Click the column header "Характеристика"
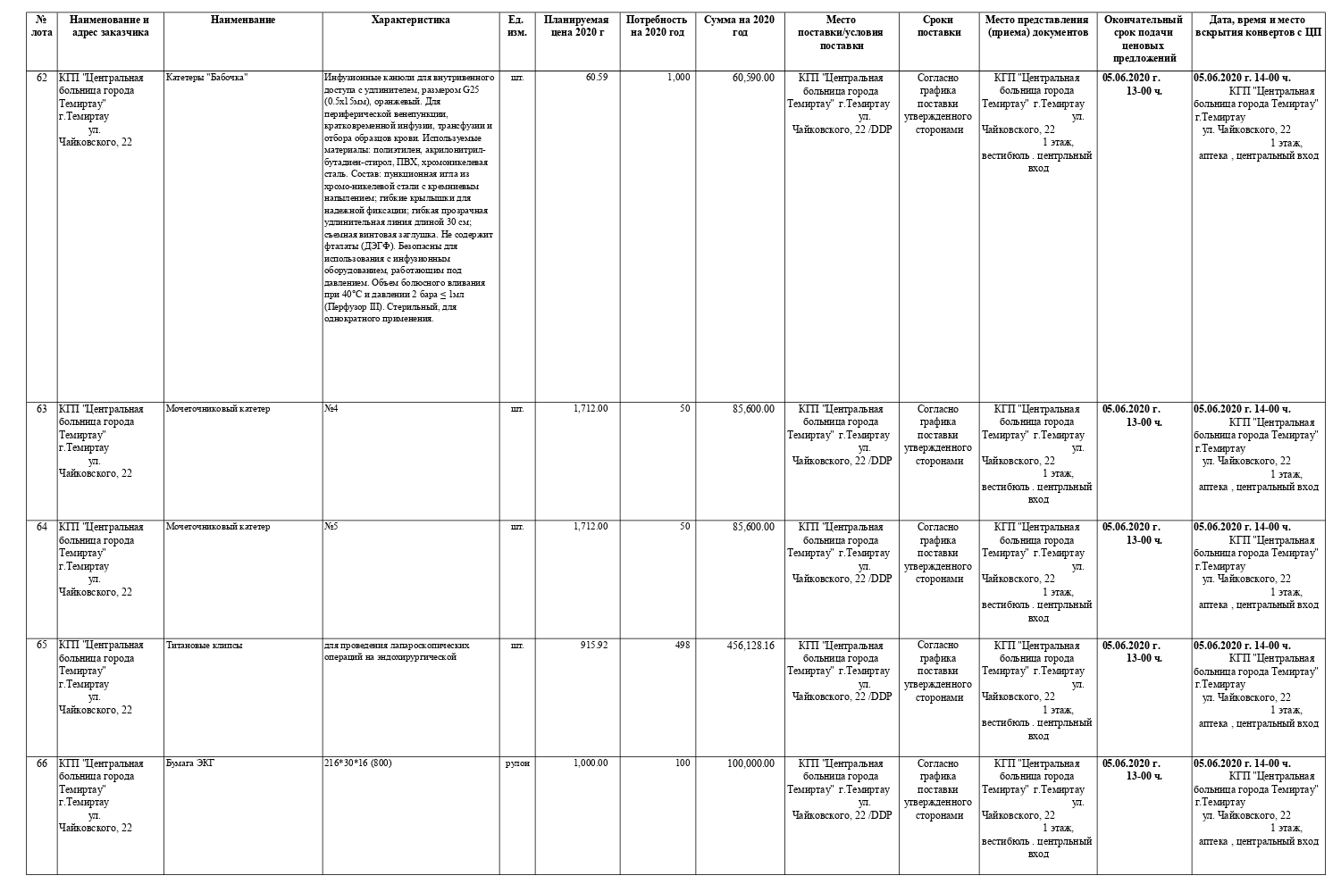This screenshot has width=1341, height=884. [410, 20]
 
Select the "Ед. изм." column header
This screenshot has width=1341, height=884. [516, 26]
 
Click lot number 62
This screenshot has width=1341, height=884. [42, 78]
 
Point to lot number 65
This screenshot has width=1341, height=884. [42, 645]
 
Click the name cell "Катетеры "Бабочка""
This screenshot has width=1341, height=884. [206, 78]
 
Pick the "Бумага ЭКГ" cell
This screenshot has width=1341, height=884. [190, 763]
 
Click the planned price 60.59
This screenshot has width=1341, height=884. [597, 78]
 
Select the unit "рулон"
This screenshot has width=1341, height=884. [517, 763]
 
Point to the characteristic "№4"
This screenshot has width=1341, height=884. [331, 409]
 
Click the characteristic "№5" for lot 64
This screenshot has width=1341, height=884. [331, 527]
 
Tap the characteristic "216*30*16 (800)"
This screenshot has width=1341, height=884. [357, 763]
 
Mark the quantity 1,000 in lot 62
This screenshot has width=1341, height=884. [678, 78]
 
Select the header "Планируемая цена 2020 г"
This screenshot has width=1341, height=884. [575, 26]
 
